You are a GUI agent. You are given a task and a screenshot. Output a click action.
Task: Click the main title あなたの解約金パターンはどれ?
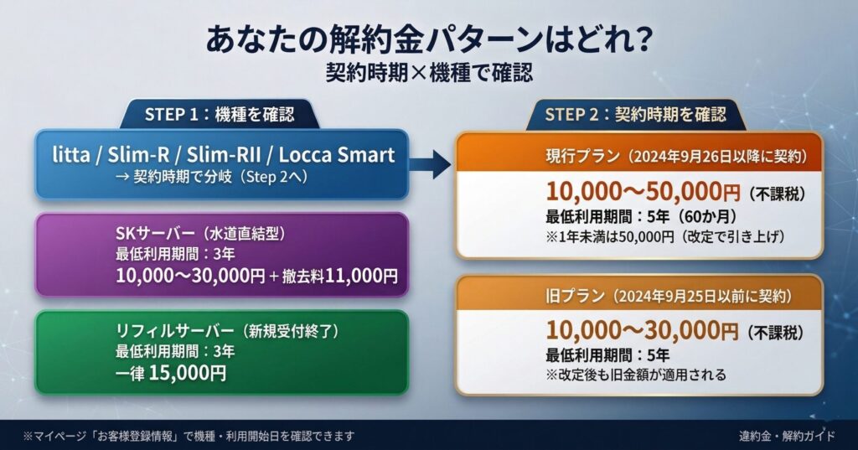click(428, 39)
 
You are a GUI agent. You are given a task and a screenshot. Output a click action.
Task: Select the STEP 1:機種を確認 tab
click(219, 114)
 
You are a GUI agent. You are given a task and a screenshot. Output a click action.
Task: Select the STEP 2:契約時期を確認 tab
click(634, 114)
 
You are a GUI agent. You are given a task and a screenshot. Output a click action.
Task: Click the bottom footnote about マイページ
click(189, 436)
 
